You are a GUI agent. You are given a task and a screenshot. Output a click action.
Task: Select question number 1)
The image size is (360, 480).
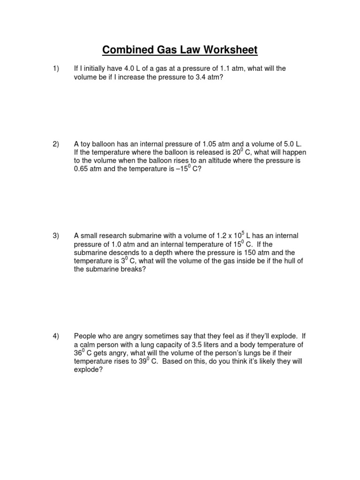pyautogui.click(x=56, y=69)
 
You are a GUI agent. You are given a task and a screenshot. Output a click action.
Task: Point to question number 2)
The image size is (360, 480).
pyautogui.click(x=56, y=144)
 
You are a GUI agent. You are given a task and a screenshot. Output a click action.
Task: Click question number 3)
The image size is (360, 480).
pyautogui.click(x=56, y=236)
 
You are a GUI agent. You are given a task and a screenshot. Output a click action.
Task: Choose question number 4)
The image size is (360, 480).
pyautogui.click(x=56, y=336)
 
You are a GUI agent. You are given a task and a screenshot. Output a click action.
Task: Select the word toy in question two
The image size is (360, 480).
pyautogui.click(x=86, y=144)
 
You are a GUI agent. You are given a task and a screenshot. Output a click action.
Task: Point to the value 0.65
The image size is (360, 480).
pyautogui.click(x=82, y=170)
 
